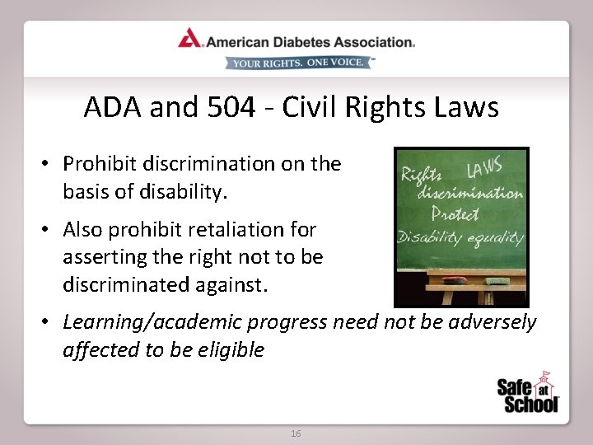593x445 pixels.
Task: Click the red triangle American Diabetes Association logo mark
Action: (189, 39)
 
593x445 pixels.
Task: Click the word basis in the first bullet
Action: (86, 192)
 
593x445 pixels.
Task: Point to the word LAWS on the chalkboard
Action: (484, 169)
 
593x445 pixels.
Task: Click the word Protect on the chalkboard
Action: (454, 214)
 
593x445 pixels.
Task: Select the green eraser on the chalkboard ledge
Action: (494, 280)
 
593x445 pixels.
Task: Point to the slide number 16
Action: (296, 433)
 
